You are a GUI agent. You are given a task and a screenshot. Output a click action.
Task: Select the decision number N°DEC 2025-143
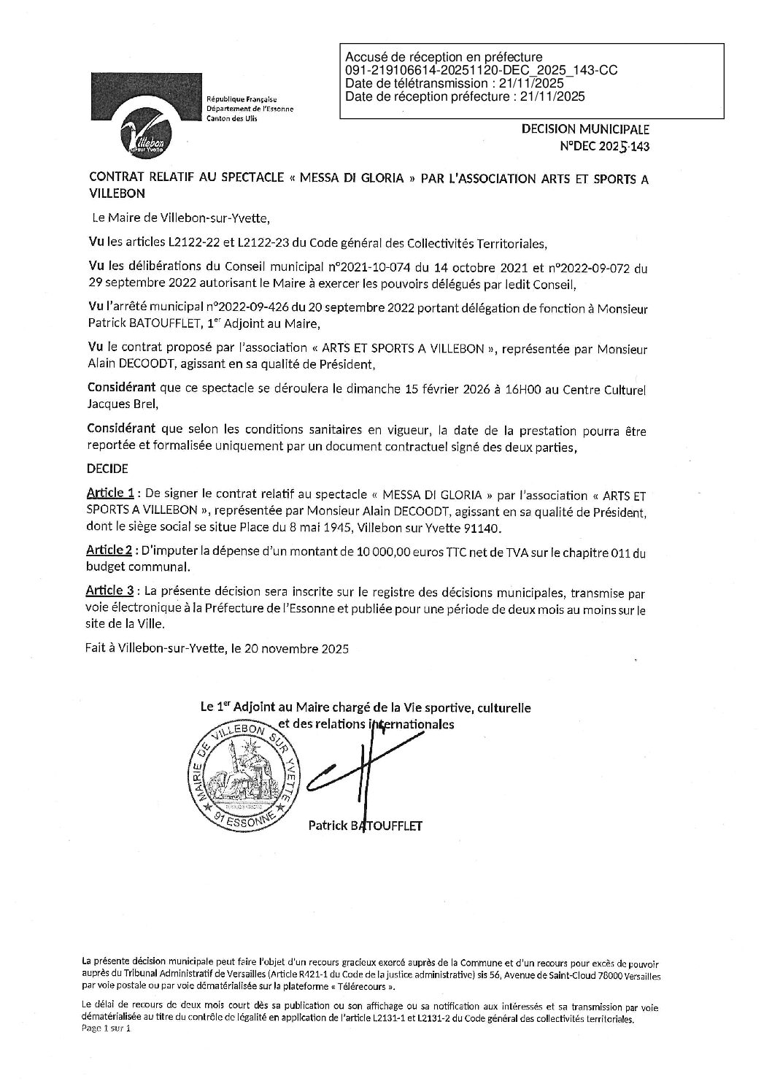tap(603, 145)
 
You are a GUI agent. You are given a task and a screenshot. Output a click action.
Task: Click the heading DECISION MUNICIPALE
tap(584, 129)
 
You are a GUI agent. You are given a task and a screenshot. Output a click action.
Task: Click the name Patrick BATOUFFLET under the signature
tap(365, 826)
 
